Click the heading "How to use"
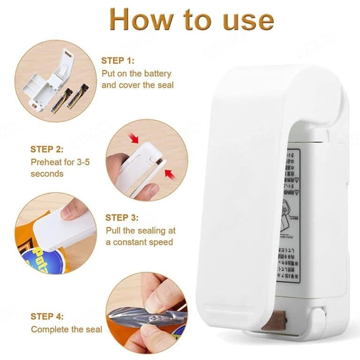coord(191,20)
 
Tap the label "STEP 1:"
coord(118,60)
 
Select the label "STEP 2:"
coord(46,149)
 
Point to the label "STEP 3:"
coord(122,217)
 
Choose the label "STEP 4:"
coord(47,316)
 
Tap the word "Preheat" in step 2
coord(45,162)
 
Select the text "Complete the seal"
coord(67,330)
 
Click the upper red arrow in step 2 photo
coord(135,138)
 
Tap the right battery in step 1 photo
coord(78,96)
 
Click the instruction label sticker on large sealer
coord(288,216)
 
